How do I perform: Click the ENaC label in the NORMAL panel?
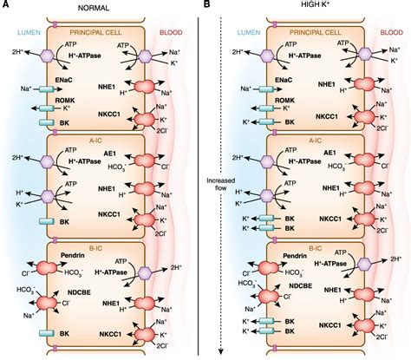coord(66,79)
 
